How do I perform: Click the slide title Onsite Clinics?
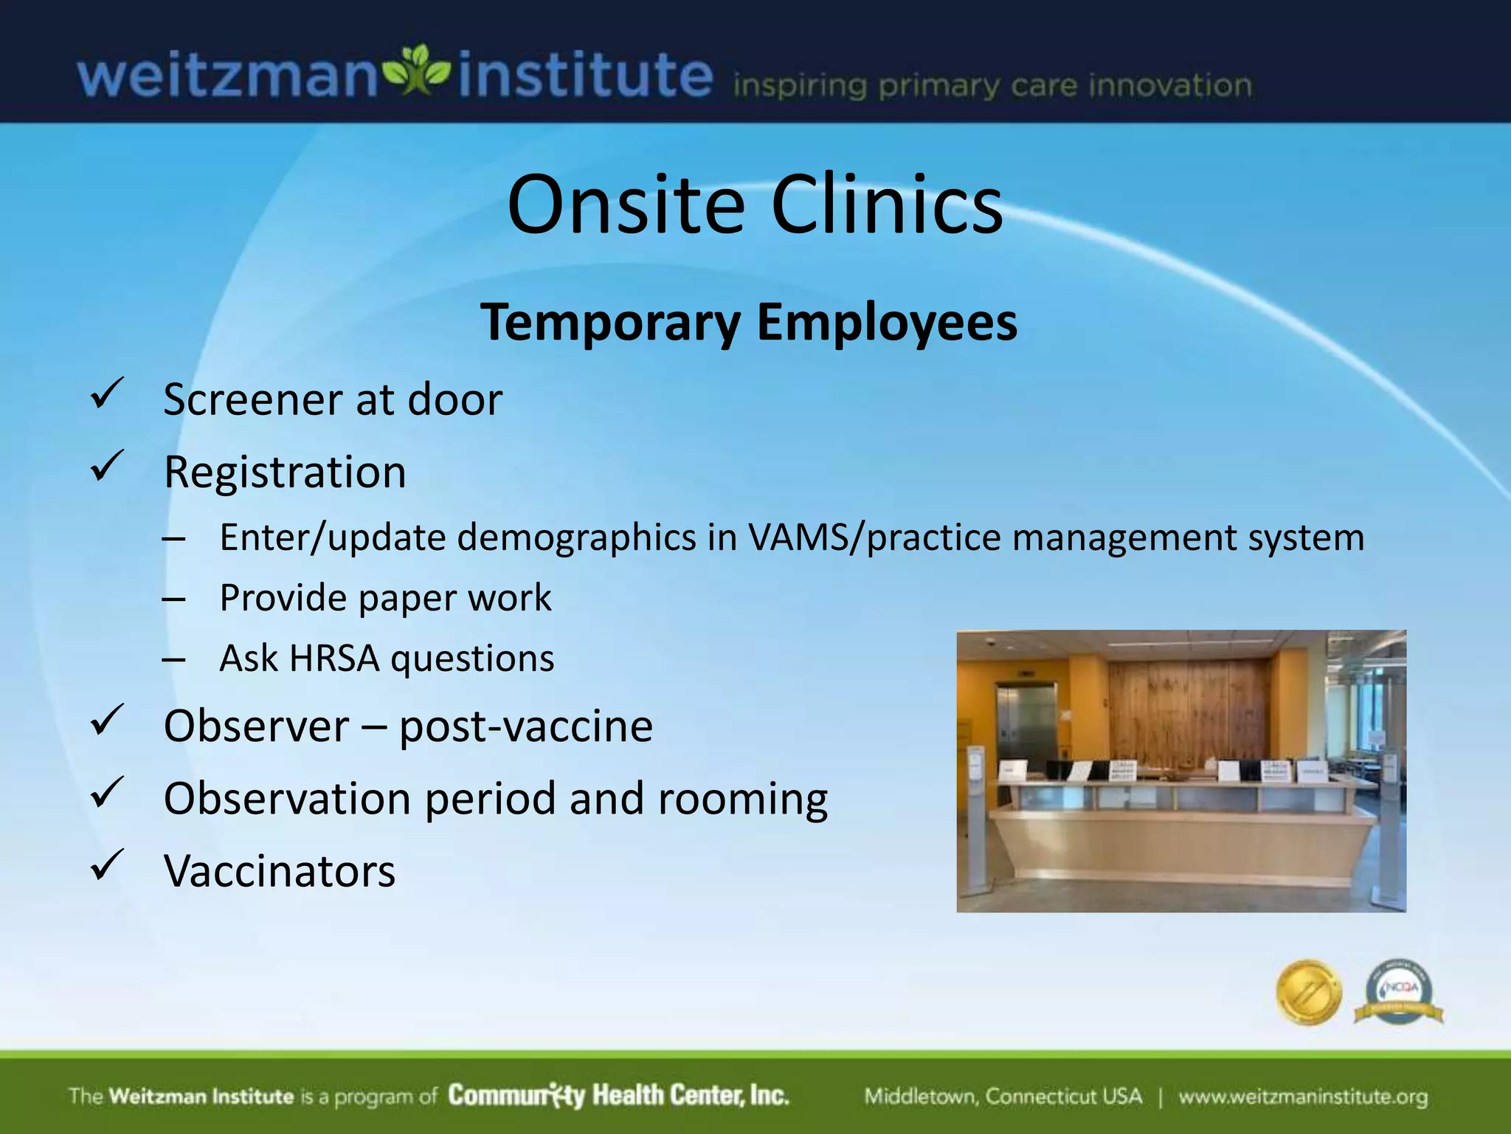tap(755, 205)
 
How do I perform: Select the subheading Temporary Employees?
tap(749, 323)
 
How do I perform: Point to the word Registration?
tap(285, 472)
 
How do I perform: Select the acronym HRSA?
tap(334, 658)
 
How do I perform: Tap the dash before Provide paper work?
tap(174, 599)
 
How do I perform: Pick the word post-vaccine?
tap(526, 726)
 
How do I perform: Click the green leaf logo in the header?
tap(418, 70)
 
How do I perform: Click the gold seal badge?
tap(1309, 992)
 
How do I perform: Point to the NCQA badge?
tap(1399, 992)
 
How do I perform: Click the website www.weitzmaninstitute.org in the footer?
tap(1303, 1097)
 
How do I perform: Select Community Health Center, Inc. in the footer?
tap(618, 1096)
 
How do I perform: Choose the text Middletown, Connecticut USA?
tap(1003, 1097)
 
